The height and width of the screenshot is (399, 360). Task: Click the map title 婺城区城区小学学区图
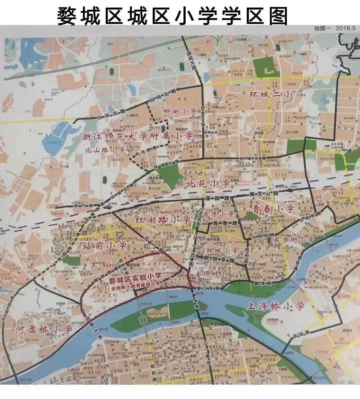(x=172, y=15)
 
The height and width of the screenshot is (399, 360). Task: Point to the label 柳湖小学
(x=179, y=111)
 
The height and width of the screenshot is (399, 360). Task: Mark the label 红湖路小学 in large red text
(x=163, y=220)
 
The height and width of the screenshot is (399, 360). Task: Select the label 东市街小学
(x=294, y=240)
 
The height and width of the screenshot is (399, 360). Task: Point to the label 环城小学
(x=222, y=250)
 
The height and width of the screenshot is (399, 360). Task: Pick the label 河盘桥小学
(x=44, y=330)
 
